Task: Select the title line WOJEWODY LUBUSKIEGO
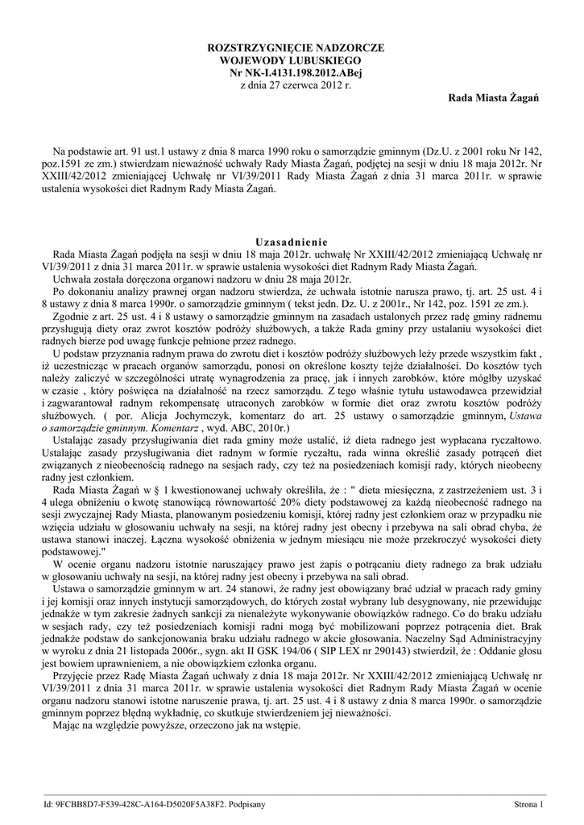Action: [x=291, y=60]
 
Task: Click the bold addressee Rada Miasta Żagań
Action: [x=493, y=97]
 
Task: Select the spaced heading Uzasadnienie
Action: [x=292, y=241]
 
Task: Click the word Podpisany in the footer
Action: [x=247, y=804]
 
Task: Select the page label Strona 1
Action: [x=528, y=804]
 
